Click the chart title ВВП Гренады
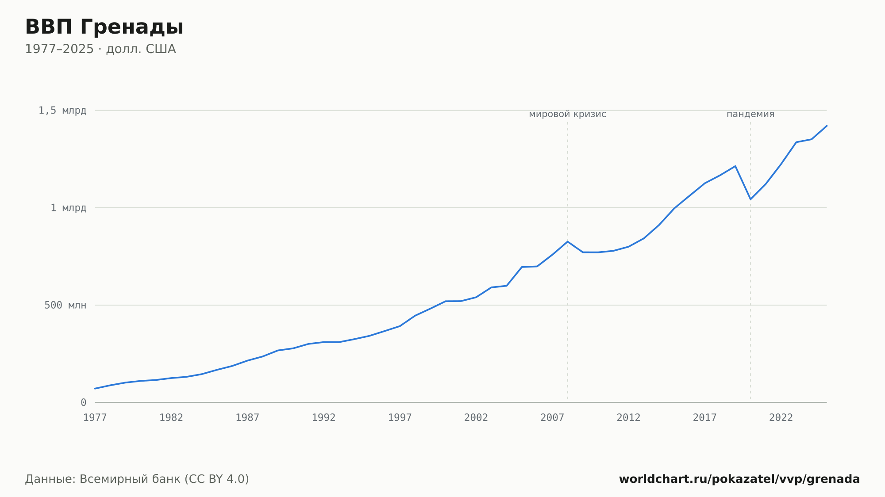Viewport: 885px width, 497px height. [104, 27]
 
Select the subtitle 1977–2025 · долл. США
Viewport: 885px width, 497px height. [100, 49]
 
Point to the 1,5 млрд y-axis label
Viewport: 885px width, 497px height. [62, 111]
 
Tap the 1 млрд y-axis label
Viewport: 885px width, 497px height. [68, 208]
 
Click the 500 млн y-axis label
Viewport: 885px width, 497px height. [65, 305]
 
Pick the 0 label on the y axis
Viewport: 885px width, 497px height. [83, 402]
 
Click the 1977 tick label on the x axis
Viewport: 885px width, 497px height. [95, 417]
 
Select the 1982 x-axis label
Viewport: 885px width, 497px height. [171, 417]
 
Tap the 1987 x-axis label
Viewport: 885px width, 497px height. [247, 417]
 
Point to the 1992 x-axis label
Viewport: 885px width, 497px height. [324, 417]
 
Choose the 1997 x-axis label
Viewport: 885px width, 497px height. [400, 417]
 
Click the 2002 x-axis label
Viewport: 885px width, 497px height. [476, 417]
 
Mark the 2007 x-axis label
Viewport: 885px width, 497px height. [552, 417]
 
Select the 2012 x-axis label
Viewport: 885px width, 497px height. [629, 417]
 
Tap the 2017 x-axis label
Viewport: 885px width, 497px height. [705, 417]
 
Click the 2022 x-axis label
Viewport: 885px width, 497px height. [781, 417]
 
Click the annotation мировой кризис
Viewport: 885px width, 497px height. [568, 114]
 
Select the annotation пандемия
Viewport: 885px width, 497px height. [750, 114]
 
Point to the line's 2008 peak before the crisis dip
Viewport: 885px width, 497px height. [568, 241]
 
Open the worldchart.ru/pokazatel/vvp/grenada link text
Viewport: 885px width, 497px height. [739, 479]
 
